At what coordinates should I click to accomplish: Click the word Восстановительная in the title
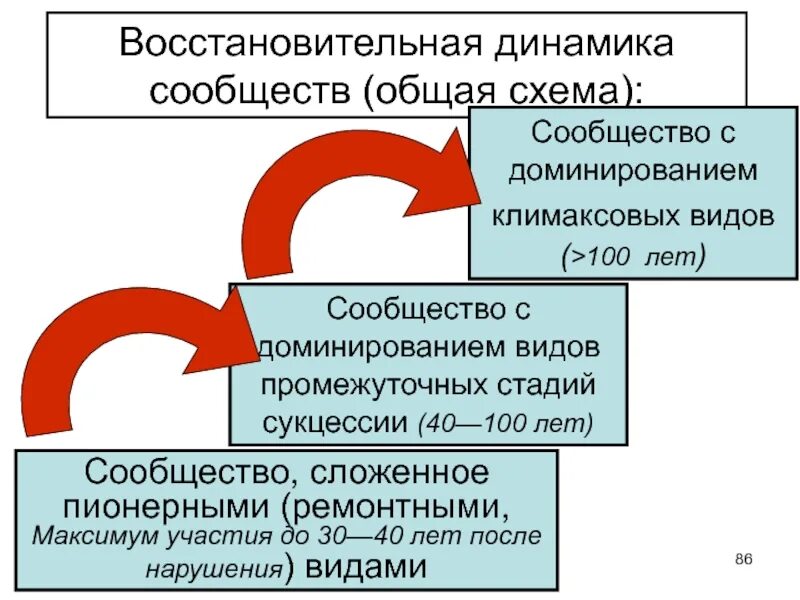pyautogui.click(x=290, y=45)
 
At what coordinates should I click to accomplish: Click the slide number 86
pyautogui.click(x=743, y=558)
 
